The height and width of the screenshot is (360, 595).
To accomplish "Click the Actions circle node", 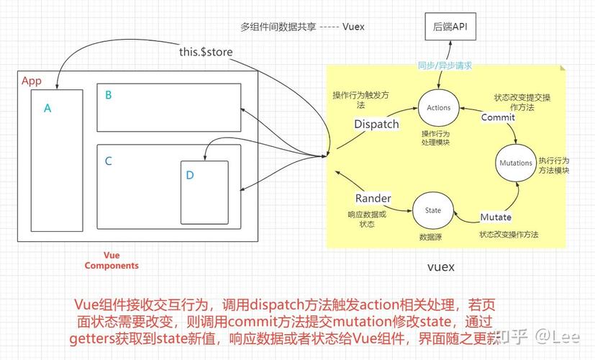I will coord(438,107).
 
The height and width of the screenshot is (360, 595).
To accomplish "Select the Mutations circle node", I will coord(515,163).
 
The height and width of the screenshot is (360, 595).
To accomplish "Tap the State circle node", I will coord(433,210).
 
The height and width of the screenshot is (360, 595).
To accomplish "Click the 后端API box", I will coord(450,25).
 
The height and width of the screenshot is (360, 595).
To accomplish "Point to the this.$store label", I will coord(206,52).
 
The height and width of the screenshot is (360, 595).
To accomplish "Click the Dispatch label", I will coord(376,124).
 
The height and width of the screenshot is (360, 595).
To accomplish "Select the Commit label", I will coord(498,117).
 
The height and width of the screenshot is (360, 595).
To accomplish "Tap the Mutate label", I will coord(496,217).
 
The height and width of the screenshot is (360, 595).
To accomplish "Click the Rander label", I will coord(373,199).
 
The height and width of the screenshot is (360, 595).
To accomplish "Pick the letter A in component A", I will coord(47,109).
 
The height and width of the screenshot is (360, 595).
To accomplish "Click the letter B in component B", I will coord(108,94).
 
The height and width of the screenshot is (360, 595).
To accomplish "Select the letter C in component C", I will coord(108,161).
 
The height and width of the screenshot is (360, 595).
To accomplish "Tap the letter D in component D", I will coord(190,175).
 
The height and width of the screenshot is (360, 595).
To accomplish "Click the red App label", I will coord(32,81).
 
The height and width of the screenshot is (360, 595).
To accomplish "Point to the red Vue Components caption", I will coord(112,260).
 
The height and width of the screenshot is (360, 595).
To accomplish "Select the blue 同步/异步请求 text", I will coord(445,66).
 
